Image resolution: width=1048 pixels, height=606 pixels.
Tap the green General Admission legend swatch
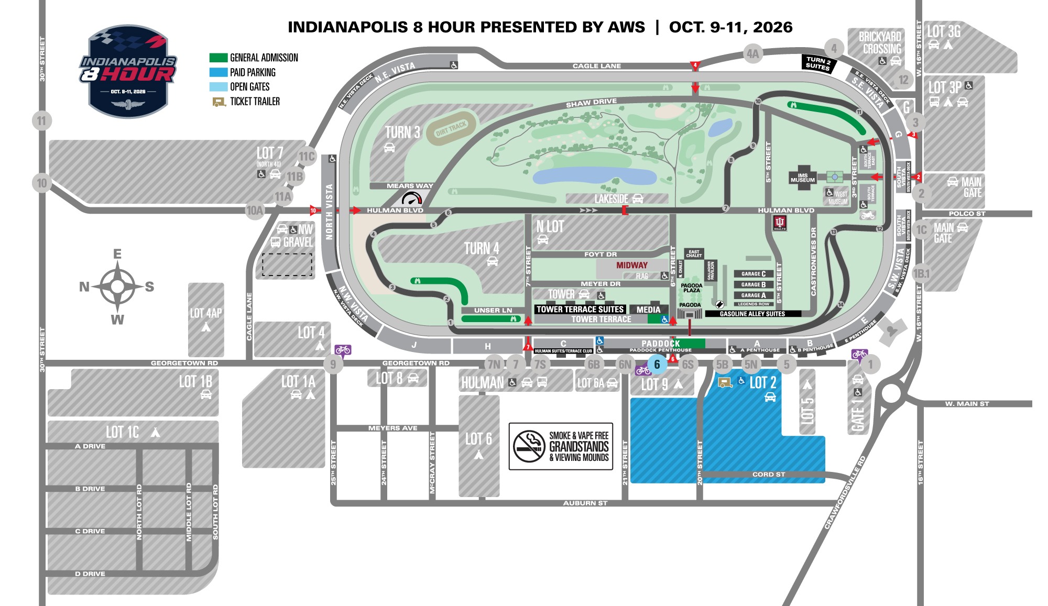pos(218,58)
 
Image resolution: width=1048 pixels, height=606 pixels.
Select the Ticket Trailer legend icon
pos(219,102)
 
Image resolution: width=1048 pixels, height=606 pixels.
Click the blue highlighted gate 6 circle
pos(657,365)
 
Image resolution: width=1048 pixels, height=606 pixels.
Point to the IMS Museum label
pos(802,178)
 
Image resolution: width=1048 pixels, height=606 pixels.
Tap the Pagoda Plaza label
pos(692,288)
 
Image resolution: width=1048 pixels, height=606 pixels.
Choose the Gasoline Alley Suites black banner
pos(752,314)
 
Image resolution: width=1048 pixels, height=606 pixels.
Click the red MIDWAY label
pos(631,266)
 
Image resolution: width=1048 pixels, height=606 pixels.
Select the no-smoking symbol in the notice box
pos(529,446)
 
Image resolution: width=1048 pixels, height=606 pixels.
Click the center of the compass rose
pos(117,287)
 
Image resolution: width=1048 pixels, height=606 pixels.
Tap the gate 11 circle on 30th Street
pos(41,121)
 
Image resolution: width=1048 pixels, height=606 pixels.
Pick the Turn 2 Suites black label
pos(818,63)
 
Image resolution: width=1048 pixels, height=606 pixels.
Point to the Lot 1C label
pos(123,432)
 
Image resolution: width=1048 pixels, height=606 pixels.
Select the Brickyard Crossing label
pos(880,43)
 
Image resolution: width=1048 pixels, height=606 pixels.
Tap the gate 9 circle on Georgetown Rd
pos(333,363)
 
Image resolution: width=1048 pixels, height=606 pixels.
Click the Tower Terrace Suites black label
pos(580,309)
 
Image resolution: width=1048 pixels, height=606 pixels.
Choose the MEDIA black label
pos(648,310)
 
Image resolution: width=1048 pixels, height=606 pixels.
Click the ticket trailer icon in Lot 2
pos(725,382)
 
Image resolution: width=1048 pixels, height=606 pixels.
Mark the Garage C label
pos(754,274)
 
